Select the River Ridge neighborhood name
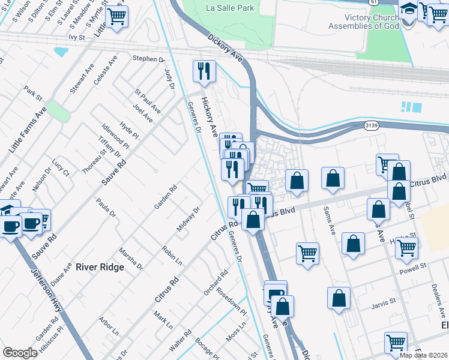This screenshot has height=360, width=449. pos(100,267)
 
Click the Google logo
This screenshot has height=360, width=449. pos(20,353)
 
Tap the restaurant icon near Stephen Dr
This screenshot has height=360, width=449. pos(204,71)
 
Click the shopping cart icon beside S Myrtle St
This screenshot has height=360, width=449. pos(116,16)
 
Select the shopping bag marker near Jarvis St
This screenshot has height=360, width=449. pos(339,298)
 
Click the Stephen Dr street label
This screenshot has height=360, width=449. pos(148,59)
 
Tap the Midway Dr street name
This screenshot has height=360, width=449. pos(188,220)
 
